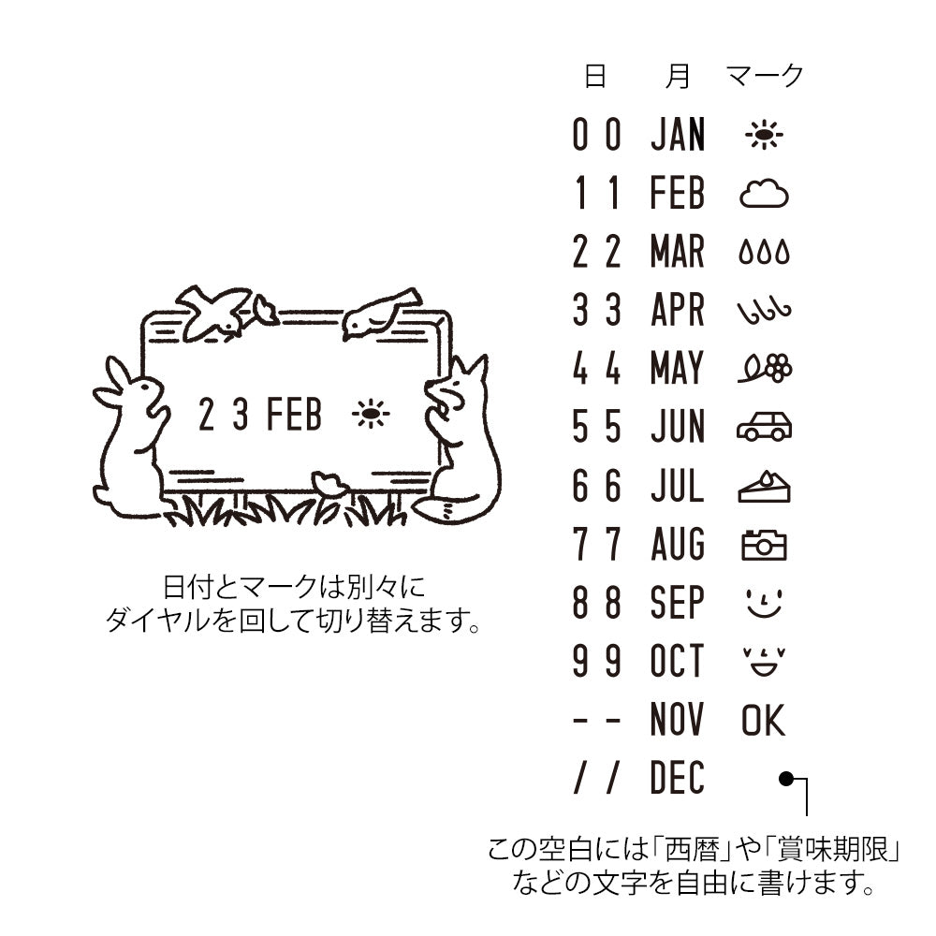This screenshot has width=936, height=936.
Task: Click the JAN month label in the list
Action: pos(678,136)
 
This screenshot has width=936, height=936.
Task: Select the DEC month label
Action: pos(677,779)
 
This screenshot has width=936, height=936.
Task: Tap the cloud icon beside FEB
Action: pos(764,195)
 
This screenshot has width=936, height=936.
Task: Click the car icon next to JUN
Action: pos(764,428)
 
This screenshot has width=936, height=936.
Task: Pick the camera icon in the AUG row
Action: pos(764,545)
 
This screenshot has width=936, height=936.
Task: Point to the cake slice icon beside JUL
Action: pos(764,487)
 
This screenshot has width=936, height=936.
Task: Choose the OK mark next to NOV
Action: pos(763,721)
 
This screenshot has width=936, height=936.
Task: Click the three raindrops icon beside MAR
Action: pos(764,253)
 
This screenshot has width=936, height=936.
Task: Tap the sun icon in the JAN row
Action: pos(764,137)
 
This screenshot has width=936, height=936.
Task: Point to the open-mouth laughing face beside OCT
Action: pos(764,662)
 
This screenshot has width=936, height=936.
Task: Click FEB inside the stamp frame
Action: pos(294,415)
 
